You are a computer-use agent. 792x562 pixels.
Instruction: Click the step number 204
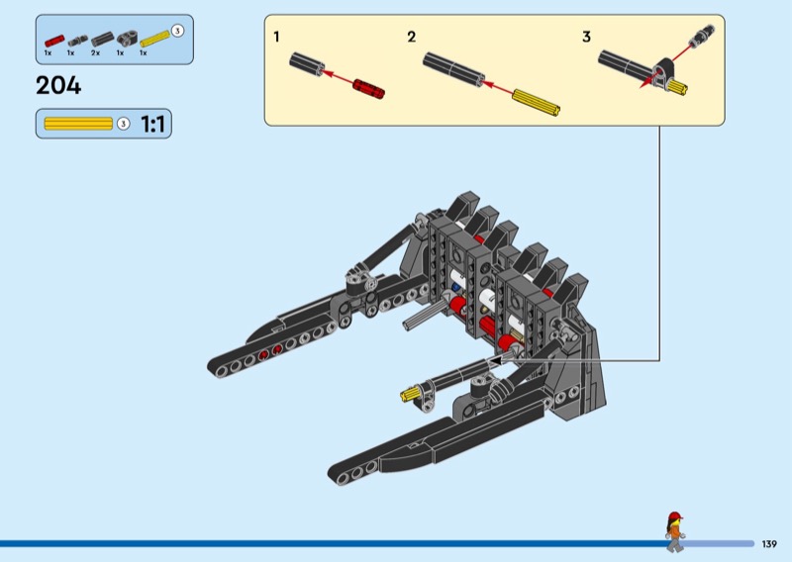(x=58, y=85)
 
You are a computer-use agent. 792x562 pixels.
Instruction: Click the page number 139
(x=770, y=543)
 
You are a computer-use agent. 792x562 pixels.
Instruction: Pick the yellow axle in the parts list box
(x=154, y=39)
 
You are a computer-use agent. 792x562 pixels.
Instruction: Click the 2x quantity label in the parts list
(x=96, y=52)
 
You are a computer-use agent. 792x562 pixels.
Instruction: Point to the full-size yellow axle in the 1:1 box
(x=78, y=124)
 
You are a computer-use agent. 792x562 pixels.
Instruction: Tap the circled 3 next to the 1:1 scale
(x=123, y=124)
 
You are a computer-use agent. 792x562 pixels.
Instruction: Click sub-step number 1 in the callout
(x=276, y=37)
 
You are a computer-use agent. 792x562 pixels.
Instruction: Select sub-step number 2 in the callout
(x=412, y=37)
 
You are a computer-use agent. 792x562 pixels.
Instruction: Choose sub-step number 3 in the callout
(x=586, y=37)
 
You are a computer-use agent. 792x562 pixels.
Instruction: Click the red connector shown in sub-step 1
(x=368, y=87)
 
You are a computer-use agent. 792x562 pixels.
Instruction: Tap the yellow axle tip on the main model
(x=406, y=397)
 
